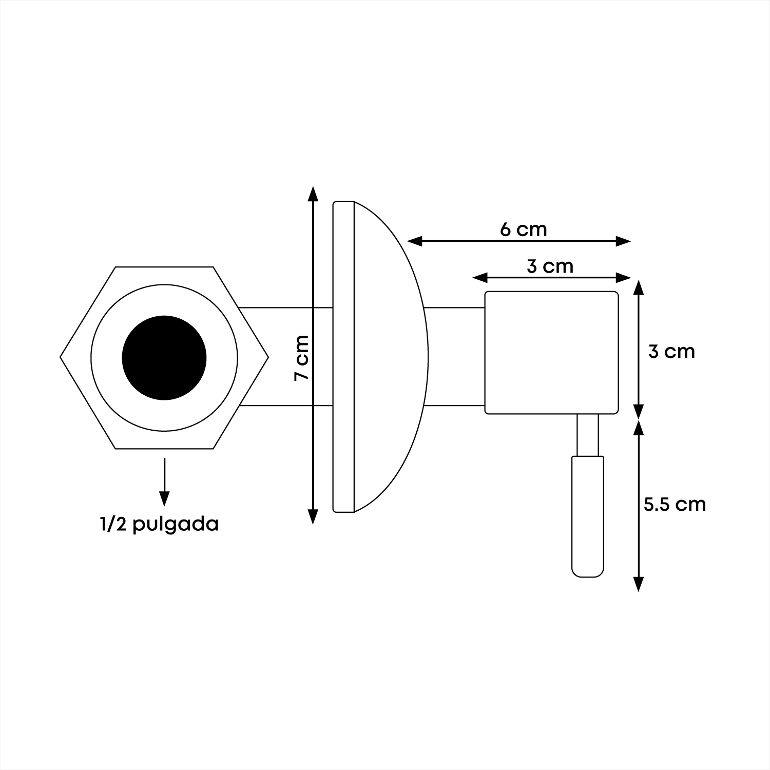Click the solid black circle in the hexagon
coord(164,358)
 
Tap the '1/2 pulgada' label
coord(160,525)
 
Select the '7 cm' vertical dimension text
coord(302,358)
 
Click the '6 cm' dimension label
coord(524,229)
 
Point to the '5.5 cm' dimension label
coord(675,504)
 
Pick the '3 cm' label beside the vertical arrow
coord(671,352)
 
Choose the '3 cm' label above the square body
coord(550,266)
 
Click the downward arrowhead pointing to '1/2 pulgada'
coord(164,498)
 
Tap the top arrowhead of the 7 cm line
coord(312,194)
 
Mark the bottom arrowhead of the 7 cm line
coord(312,516)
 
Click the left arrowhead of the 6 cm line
coord(415,241)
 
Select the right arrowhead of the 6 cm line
coord(623,241)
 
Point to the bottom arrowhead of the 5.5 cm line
coord(638,584)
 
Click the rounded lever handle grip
coord(588,516)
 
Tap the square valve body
coord(552,353)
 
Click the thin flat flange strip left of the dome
coord(343,357)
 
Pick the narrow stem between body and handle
coord(588,435)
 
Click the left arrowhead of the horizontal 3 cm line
coord(480,278)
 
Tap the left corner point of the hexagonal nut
coord(60,357)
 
